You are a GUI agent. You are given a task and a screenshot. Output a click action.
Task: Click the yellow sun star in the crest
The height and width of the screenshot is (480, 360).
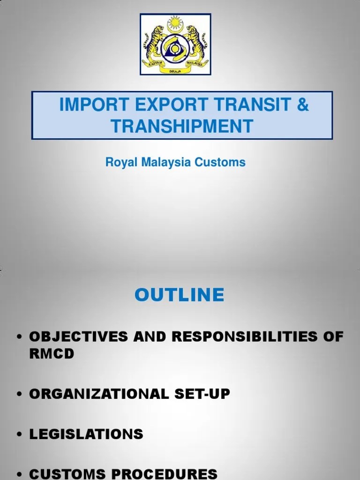tap(176, 22)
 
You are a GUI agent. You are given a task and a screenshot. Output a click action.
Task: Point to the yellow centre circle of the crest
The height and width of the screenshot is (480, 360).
tap(176, 48)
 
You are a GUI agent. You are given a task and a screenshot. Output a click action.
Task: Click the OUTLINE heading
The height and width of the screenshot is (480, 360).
tap(180, 295)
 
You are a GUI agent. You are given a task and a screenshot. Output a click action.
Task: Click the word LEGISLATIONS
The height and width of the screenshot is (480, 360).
tap(86, 434)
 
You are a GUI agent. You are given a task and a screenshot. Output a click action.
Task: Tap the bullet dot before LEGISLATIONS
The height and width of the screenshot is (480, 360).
tap(20, 435)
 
